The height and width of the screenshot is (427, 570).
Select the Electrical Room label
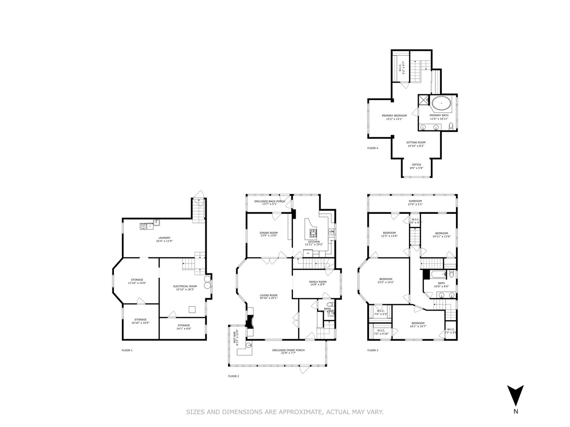(185, 286)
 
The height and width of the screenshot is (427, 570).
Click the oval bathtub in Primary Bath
(441, 104)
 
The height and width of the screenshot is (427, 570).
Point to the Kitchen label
(314, 242)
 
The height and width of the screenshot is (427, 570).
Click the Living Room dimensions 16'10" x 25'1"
(268, 298)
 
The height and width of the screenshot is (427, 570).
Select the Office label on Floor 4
(416, 164)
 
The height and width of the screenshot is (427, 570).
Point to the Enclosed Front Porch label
(288, 350)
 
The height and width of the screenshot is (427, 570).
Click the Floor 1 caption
(127, 350)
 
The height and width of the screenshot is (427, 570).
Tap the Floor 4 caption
(372, 148)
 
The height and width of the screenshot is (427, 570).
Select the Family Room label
(317, 282)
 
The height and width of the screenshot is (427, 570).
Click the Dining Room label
(268, 233)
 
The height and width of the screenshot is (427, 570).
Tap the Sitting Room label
(416, 142)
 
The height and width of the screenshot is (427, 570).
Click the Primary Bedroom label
(394, 115)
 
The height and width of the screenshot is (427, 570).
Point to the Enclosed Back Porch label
(269, 201)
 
